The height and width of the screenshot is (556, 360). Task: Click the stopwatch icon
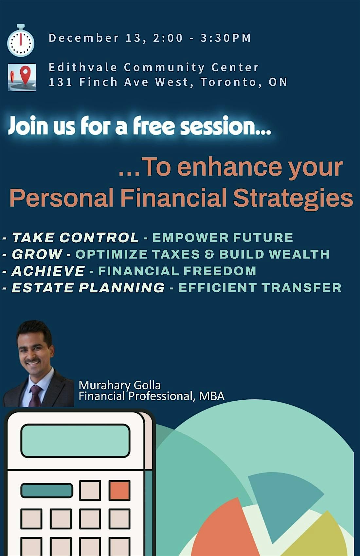coord(21,41)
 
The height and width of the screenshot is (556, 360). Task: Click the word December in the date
coord(84,38)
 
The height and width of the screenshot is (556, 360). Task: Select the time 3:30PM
coord(225,38)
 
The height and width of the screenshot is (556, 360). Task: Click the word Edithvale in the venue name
coord(83,67)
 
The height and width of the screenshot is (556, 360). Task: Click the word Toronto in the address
coord(228,82)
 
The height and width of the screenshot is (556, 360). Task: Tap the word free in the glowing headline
coord(153,126)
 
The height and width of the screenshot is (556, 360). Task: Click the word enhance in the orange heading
coord(229,167)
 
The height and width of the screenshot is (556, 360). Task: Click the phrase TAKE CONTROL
coord(75,238)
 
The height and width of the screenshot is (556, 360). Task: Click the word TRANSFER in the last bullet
coord(301,288)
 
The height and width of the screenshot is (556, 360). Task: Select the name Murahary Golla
coord(119,385)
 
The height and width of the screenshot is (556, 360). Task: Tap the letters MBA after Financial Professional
coord(212,396)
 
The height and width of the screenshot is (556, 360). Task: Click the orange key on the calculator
coord(119,490)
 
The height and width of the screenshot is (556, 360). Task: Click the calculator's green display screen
coord(76,441)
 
